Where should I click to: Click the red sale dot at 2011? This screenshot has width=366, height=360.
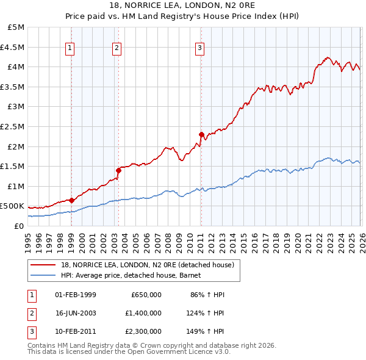[201, 134]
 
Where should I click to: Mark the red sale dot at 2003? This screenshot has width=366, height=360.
[118, 170]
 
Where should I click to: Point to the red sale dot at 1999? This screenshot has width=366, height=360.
[71, 200]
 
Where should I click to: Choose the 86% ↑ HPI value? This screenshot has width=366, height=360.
[208, 295]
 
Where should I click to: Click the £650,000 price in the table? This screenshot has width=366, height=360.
[146, 295]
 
